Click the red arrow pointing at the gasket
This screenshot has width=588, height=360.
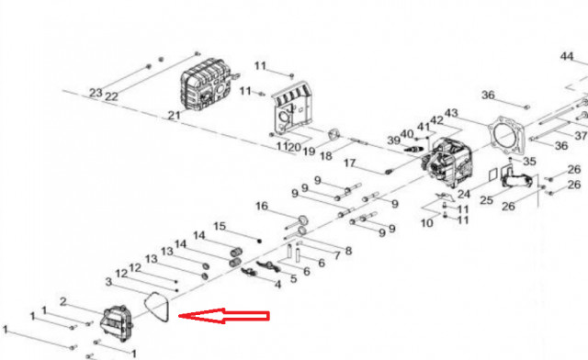224,316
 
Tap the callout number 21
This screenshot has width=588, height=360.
174,115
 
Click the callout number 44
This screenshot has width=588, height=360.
567,56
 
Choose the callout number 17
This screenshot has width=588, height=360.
349,163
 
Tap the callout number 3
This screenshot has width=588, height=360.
108,282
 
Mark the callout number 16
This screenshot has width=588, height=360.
262,206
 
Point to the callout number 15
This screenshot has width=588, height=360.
220,226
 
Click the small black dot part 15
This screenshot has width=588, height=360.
259,241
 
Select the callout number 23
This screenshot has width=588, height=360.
96,93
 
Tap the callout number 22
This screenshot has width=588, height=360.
111,96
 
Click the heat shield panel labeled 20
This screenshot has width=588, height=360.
292,108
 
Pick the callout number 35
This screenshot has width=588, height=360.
529,162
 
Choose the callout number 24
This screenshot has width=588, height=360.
464,195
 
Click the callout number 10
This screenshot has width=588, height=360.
426,223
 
